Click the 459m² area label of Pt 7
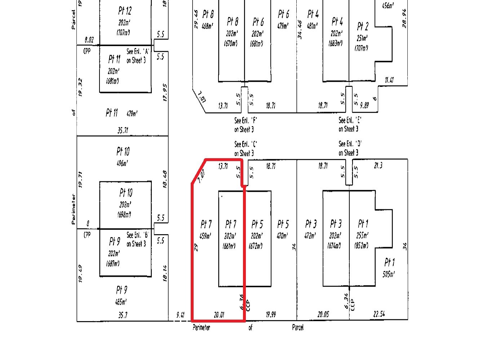[206, 236]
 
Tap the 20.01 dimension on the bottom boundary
[219, 315]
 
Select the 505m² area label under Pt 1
[389, 274]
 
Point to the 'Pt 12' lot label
[125, 10]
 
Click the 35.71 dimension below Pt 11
[123, 130]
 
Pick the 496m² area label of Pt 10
[123, 163]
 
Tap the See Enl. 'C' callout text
[246, 149]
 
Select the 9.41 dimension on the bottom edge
[180, 315]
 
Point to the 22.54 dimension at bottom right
[379, 314]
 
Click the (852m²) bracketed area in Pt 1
[361, 246]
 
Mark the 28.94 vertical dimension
[404, 18]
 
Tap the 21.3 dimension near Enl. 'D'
[378, 166]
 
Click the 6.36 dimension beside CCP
[242, 302]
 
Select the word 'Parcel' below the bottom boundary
[298, 328]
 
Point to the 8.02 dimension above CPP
[89, 39]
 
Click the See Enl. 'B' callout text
[137, 239]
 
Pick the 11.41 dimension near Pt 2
[389, 80]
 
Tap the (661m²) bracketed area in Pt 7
[229, 246]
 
